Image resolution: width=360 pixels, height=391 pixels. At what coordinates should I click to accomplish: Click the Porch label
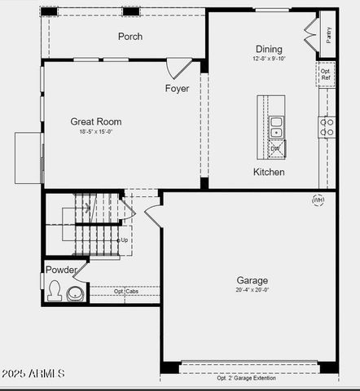click(x=130, y=37)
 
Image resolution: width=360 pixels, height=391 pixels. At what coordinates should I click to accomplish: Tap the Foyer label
click(x=178, y=88)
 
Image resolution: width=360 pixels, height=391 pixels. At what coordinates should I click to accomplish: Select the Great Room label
click(x=96, y=121)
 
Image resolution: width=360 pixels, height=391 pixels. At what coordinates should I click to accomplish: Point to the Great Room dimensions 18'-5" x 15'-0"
click(x=96, y=131)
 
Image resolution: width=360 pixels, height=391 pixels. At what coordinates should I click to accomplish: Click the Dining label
click(x=269, y=49)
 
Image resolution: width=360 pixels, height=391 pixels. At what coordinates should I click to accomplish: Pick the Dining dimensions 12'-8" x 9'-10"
click(x=269, y=59)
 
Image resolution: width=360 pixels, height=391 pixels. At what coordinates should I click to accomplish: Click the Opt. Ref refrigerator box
click(x=326, y=74)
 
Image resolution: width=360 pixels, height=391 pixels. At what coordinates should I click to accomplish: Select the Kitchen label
click(x=269, y=172)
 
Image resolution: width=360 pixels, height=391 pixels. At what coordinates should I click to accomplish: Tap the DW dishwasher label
click(x=275, y=149)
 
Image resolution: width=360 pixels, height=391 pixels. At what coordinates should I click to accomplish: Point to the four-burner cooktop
click(x=327, y=126)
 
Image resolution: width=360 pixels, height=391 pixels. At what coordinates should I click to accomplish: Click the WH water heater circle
click(x=318, y=200)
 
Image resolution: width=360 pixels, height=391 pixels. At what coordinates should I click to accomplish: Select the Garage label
click(x=252, y=279)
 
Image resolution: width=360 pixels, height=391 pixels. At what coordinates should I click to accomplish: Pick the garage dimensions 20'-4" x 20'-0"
click(x=252, y=289)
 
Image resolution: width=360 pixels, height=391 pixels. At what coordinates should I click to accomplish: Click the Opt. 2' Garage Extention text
click(x=246, y=378)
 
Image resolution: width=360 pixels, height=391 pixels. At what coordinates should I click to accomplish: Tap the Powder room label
click(x=62, y=270)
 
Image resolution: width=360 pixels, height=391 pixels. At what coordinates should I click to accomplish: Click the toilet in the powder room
click(x=55, y=291)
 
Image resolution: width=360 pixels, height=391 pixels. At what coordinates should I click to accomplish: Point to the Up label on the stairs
click(x=124, y=240)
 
